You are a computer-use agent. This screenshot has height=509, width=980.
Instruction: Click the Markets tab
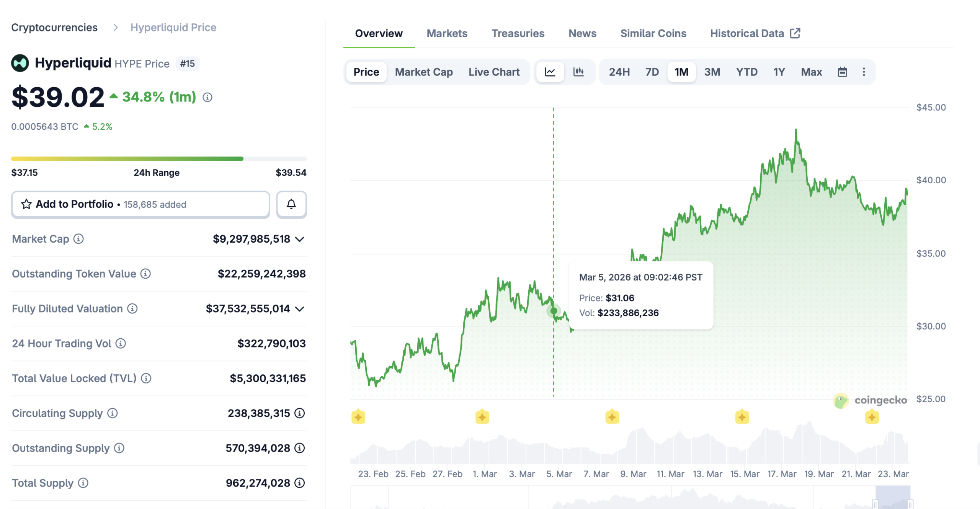pos(447,33)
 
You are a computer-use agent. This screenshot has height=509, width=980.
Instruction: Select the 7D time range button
pos(652,72)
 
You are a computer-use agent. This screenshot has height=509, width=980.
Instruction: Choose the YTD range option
pos(746,72)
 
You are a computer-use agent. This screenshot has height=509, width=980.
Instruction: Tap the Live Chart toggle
pos(493,72)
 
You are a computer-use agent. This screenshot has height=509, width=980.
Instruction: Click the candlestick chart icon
pos(578,72)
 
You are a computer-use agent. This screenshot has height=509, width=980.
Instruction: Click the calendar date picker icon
pos(842,72)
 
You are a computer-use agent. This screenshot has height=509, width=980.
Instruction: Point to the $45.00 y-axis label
pos(931,108)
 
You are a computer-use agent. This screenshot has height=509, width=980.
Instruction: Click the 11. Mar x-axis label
pos(670,474)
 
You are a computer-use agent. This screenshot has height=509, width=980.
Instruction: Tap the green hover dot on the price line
pos(554,311)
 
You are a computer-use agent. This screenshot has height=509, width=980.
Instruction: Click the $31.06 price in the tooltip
pos(619,298)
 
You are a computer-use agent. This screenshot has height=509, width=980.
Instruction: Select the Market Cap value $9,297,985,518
pos(251,239)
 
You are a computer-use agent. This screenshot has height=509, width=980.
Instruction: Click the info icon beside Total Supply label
pos(83,483)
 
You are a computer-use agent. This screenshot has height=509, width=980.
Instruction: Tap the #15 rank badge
pos(187,64)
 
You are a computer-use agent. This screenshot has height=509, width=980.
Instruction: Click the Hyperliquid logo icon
pos(20,63)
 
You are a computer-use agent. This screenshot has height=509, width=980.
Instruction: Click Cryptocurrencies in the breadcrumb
pos(54,28)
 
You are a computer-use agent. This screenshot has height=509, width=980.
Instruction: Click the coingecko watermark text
pos(880,400)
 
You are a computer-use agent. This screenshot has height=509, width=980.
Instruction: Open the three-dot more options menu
pos(863,72)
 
